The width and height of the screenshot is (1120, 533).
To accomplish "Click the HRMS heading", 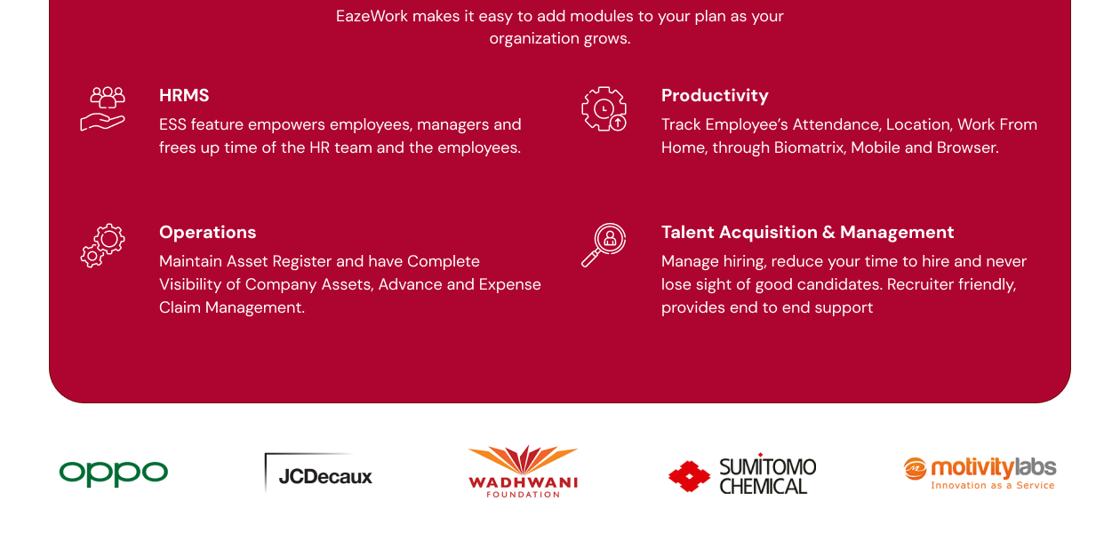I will tap(184, 96).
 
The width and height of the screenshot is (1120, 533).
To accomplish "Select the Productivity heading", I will tap(715, 96).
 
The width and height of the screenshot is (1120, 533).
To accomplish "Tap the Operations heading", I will tap(207, 233).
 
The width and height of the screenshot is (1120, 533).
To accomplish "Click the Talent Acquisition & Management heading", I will tap(807, 233).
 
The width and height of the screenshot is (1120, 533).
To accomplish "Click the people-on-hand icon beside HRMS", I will tap(102, 109).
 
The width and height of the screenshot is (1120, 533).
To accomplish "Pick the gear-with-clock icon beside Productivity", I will tap(604, 109).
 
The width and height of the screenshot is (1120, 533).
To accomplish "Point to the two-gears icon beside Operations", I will tap(102, 245).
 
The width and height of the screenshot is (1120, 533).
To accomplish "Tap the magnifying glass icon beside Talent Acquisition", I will tap(604, 245).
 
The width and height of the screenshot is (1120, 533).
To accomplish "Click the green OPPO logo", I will tap(114, 473).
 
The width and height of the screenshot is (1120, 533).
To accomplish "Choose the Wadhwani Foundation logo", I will tap(524, 472).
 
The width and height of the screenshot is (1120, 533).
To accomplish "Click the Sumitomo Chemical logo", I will tap(742, 475).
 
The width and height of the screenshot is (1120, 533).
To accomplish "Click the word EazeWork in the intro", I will tap(372, 16).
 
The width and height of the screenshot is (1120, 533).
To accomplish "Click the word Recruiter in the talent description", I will tap(921, 284).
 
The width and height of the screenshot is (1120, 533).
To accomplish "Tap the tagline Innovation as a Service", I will tap(992, 486).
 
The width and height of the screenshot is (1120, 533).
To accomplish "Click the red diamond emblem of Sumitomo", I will tap(689, 476).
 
